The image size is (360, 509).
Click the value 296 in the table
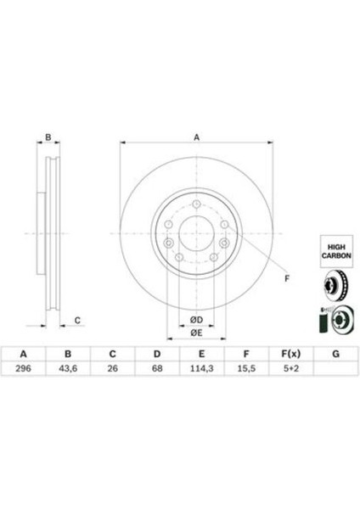click(24, 368)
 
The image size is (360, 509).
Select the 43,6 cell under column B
click(68, 368)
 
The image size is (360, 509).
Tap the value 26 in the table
click(112, 368)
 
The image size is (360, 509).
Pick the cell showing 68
click(157, 368)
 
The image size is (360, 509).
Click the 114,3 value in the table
click(201, 368)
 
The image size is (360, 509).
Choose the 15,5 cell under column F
click(246, 368)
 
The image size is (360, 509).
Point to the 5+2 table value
click(290, 368)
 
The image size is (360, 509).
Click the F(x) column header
click(290, 354)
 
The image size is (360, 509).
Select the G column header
click(335, 354)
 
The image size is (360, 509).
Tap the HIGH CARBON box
click(336, 251)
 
